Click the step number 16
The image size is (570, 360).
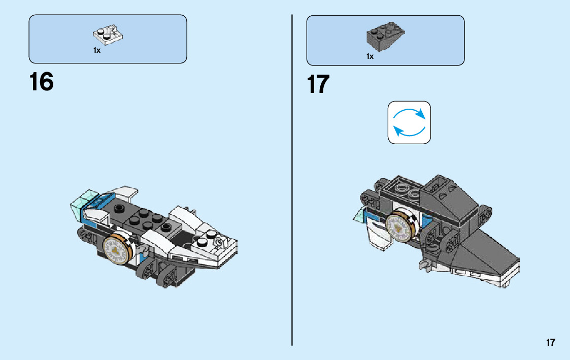pyautogui.click(x=42, y=82)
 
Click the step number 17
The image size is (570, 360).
pyautogui.click(x=318, y=84)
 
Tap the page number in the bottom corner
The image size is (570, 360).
pyautogui.click(x=551, y=343)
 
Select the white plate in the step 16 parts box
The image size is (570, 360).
pyautogui.click(x=108, y=35)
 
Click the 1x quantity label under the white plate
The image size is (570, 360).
pyautogui.click(x=96, y=50)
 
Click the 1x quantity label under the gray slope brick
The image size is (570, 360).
pyautogui.click(x=370, y=56)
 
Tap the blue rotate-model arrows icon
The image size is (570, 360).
pyautogui.click(x=409, y=122)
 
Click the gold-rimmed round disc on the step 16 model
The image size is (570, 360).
pyautogui.click(x=118, y=249)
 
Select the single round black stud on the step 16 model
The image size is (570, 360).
pyautogui.click(x=120, y=207)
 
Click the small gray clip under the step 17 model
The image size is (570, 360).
pyautogui.click(x=424, y=264)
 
